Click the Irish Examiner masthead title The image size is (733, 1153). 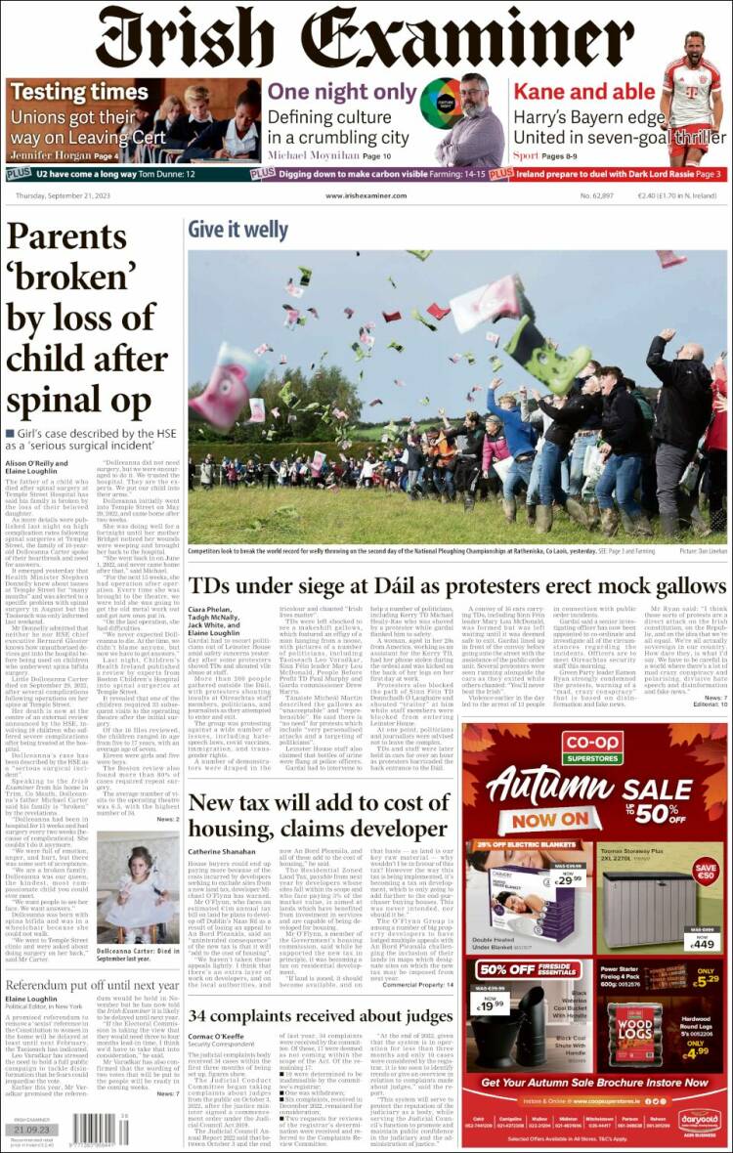coord(366,38)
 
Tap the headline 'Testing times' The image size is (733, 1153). coord(65,93)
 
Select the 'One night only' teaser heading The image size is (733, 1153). coord(342,92)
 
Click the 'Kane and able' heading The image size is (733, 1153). coord(584,92)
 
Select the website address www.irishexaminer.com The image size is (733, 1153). coord(366,195)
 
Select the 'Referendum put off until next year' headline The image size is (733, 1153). coord(93,986)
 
